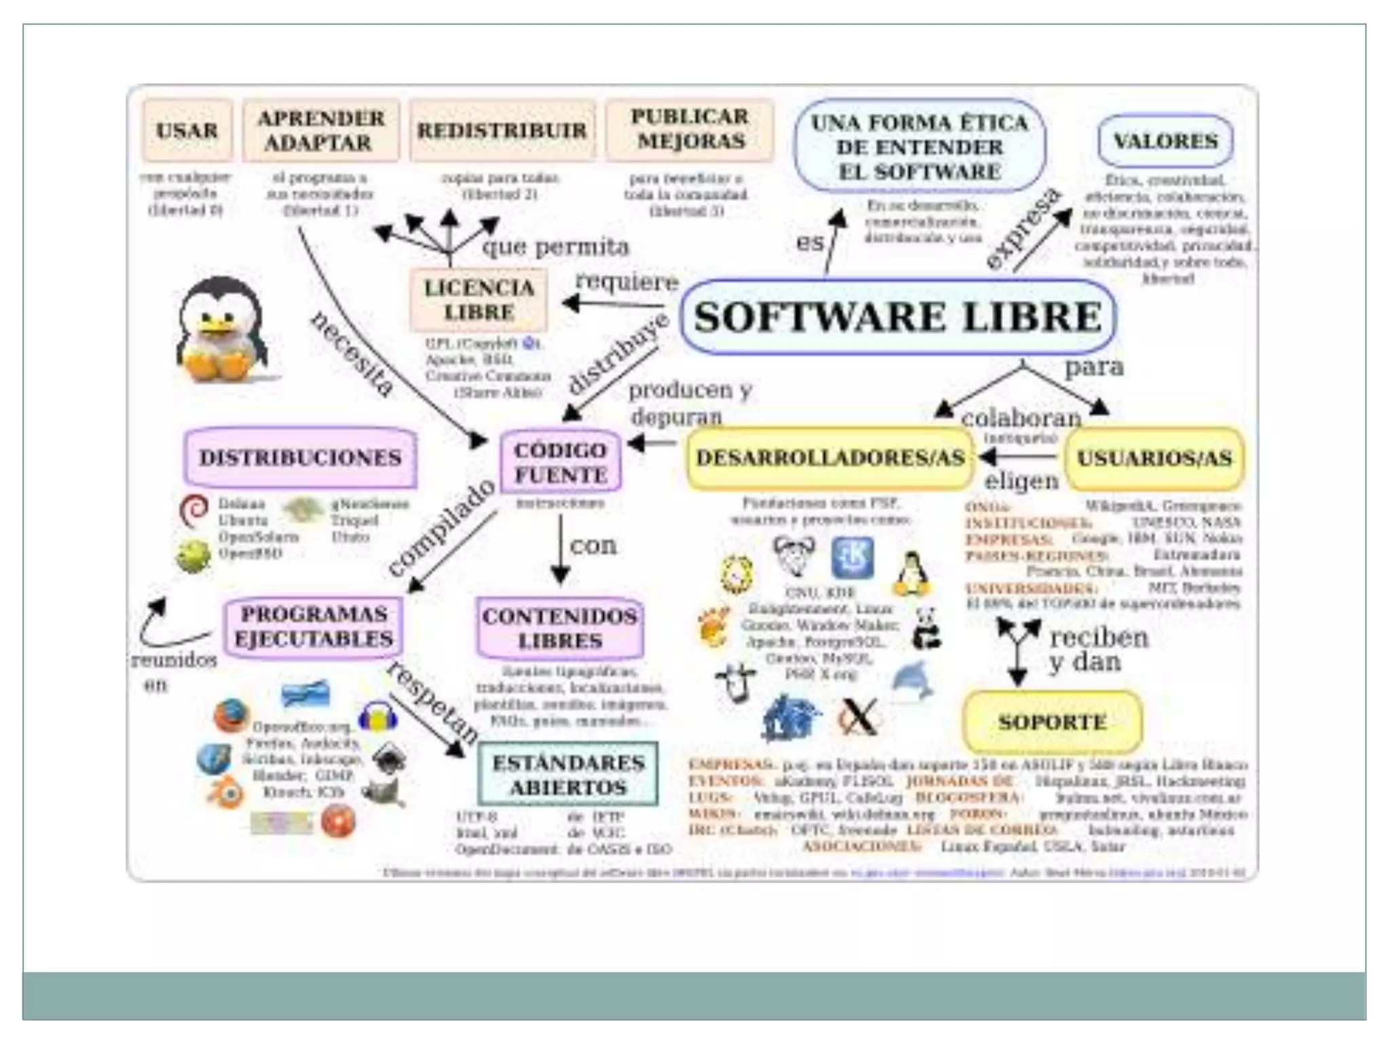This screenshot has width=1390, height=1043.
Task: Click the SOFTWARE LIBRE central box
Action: (898, 317)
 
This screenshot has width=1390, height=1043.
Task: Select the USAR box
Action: (187, 130)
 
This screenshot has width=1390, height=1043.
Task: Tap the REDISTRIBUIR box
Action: (502, 130)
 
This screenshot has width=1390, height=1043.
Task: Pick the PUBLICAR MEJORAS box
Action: (690, 129)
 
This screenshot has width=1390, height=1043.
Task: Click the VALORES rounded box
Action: (1165, 141)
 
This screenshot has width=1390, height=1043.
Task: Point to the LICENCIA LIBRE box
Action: (478, 299)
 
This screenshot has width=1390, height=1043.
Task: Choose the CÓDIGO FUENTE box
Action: (560, 462)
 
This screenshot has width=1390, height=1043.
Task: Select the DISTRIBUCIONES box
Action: (300, 457)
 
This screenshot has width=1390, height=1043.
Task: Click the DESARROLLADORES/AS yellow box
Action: (830, 458)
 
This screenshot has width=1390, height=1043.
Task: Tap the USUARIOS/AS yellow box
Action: (1154, 458)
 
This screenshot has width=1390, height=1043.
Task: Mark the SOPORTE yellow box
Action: (1052, 721)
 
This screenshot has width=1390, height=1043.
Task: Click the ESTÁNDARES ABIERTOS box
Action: (568, 775)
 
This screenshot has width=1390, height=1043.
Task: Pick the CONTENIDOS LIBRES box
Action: (560, 628)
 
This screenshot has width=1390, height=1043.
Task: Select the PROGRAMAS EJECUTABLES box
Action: (313, 626)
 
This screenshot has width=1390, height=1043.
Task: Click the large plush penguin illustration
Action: (221, 331)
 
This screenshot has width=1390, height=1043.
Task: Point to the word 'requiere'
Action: (626, 281)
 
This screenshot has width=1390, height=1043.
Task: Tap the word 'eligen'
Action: (1021, 481)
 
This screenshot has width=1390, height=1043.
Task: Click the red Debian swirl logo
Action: (193, 511)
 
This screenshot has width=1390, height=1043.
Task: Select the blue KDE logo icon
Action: (852, 557)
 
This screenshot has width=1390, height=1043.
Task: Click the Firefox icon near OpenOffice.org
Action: (231, 715)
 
